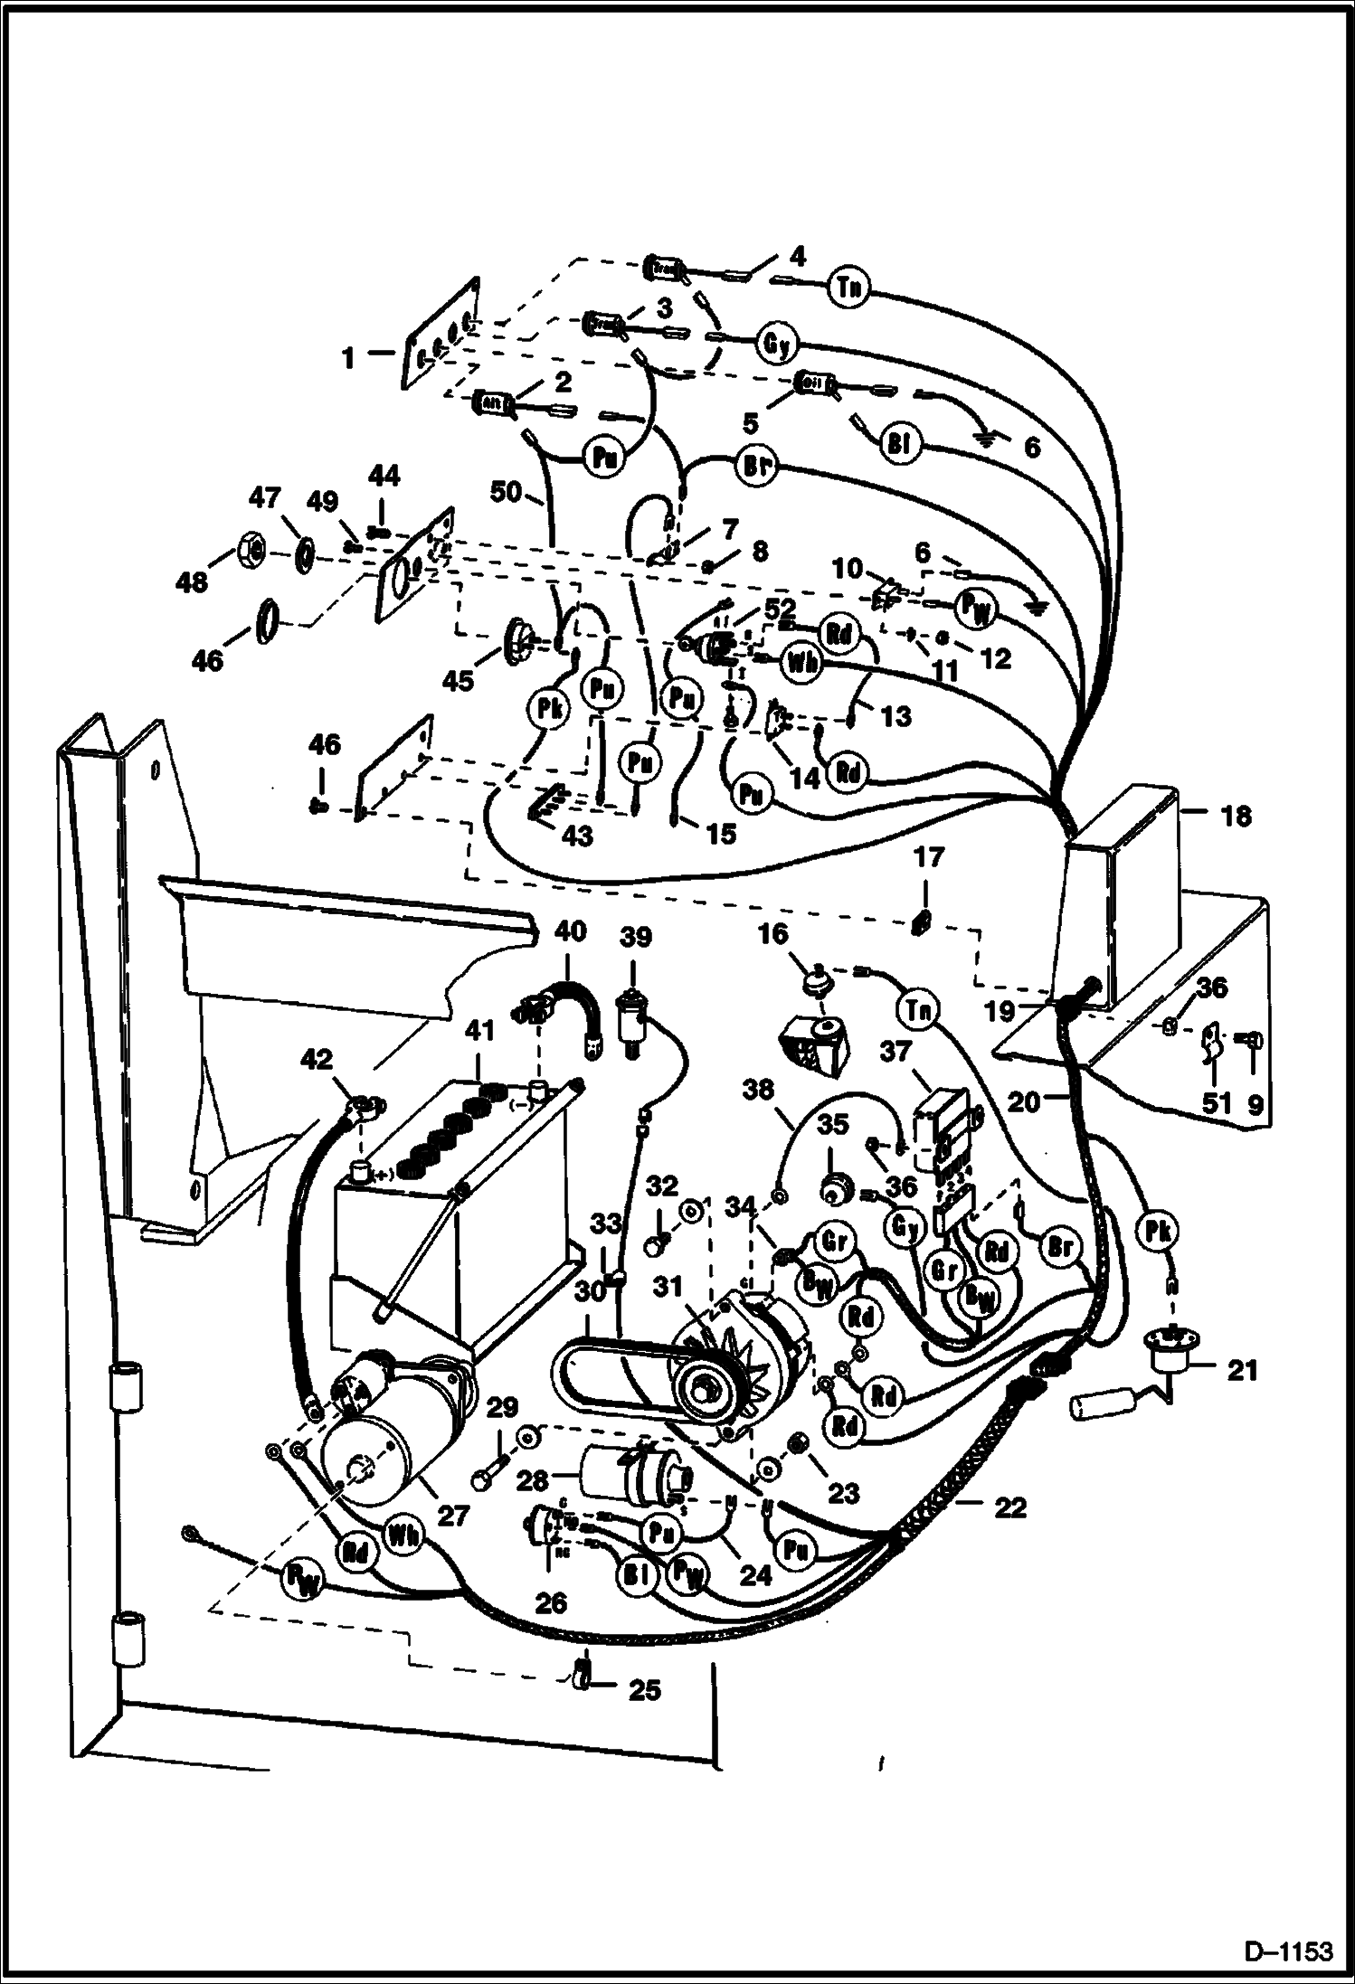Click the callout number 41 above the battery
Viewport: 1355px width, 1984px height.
pos(479,1030)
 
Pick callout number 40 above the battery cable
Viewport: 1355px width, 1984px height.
pos(570,931)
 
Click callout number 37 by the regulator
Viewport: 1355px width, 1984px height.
pos(895,1052)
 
